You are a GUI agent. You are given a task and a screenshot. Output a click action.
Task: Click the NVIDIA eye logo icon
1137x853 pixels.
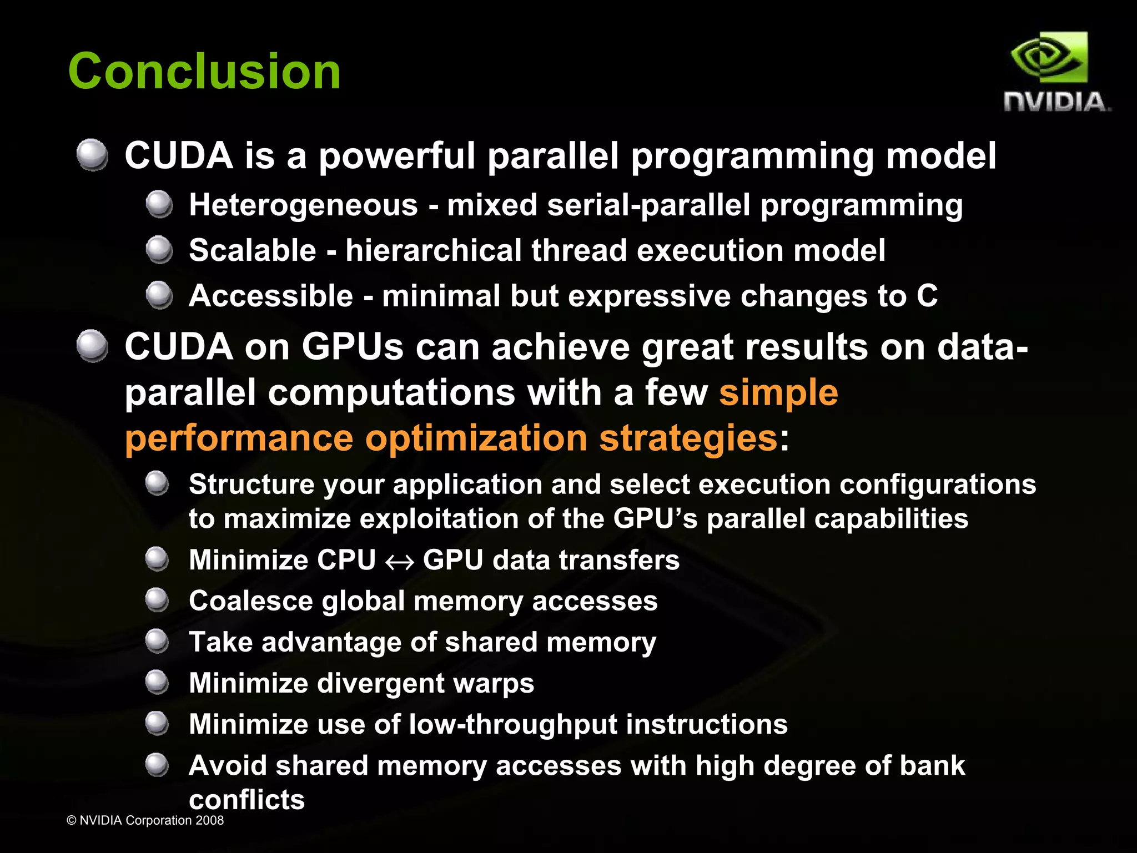pos(1048,58)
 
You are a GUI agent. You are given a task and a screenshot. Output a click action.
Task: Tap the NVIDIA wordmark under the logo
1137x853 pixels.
pos(1056,103)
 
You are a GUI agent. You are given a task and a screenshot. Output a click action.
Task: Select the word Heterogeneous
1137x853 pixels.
pos(303,205)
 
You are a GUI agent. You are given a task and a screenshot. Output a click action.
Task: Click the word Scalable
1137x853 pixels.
pos(253,250)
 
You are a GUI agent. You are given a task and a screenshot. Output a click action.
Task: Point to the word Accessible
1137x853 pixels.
pos(271,296)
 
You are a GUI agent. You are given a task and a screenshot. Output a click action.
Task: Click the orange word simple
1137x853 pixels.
pos(778,393)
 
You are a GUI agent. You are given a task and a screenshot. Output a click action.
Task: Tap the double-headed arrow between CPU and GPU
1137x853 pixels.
pos(399,562)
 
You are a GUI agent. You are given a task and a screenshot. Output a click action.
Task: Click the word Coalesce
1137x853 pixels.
pos(251,601)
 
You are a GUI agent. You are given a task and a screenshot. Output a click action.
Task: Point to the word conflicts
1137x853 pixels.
pos(246,800)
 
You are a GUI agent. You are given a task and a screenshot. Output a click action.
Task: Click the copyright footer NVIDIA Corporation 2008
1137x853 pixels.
pos(145,820)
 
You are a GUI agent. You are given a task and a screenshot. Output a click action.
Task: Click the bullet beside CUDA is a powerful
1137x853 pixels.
pos(92,155)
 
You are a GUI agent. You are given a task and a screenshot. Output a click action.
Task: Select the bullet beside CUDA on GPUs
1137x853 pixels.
pos(92,346)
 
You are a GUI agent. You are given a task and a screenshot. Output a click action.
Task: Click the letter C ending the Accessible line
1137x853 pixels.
pos(927,296)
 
